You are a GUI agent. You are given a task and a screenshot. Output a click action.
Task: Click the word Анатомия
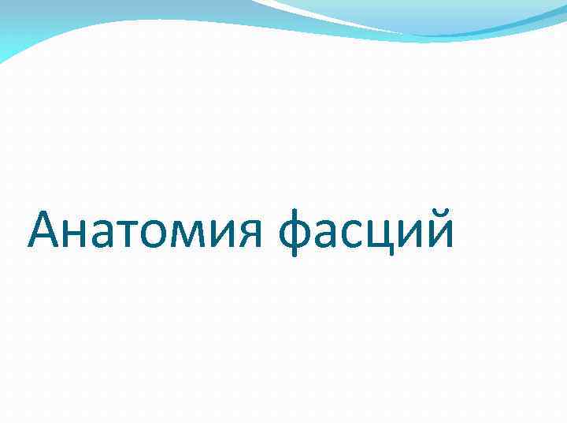(146, 232)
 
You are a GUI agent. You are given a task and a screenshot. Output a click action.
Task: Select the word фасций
(366, 232)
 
